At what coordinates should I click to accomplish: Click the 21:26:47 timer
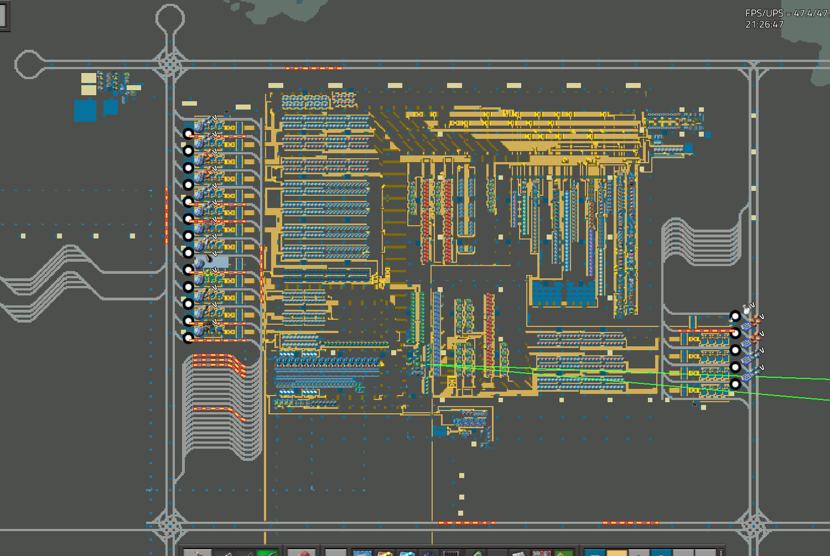tap(764, 24)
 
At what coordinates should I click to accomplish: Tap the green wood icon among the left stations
tap(209, 274)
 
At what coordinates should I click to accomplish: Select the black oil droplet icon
tap(209, 257)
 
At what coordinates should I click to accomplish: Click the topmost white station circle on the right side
tap(735, 316)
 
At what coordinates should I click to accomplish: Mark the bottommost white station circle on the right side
tap(735, 384)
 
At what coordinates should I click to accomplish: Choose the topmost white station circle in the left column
tap(188, 133)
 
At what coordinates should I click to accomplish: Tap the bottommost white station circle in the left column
tap(188, 337)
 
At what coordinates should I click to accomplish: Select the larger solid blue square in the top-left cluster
tap(85, 111)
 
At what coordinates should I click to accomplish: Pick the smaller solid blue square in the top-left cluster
tap(111, 107)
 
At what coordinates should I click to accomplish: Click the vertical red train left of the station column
tap(167, 216)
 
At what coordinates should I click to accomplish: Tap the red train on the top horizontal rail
tap(314, 68)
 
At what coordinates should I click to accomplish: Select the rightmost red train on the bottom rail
tap(630, 523)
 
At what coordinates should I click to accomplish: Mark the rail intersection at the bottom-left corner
tap(170, 525)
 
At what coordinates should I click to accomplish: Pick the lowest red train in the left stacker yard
tap(219, 413)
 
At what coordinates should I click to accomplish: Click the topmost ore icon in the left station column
tap(199, 127)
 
